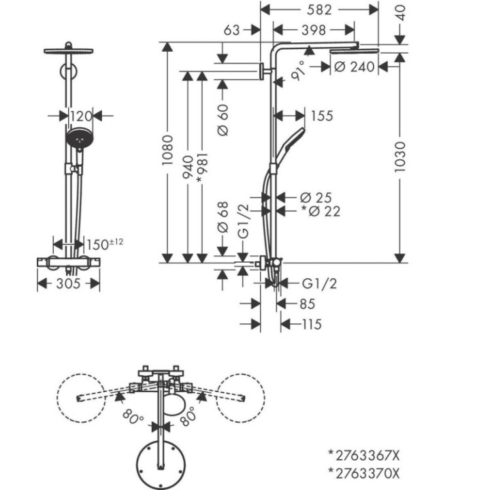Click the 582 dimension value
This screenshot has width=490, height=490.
tap(319, 10)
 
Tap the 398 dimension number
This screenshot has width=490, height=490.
tap(314, 31)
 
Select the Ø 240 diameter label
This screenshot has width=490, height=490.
tap(354, 67)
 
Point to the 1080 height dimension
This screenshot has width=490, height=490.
tap(168, 150)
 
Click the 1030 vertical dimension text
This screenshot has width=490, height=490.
tap(400, 157)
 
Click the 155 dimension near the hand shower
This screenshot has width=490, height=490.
tap(322, 116)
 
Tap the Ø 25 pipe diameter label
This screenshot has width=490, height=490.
tap(316, 198)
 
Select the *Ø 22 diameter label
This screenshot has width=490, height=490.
tap(321, 212)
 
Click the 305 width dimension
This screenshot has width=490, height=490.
tap(68, 284)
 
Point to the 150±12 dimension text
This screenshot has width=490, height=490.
tap(105, 244)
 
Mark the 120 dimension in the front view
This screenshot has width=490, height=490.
tap(81, 116)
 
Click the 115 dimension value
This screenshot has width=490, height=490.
tap(312, 325)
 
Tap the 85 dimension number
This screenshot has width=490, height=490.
tap(307, 304)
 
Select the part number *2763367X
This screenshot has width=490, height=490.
tap(363, 456)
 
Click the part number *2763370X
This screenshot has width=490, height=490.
tap(363, 474)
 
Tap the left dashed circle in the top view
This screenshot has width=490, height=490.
tap(81, 398)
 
